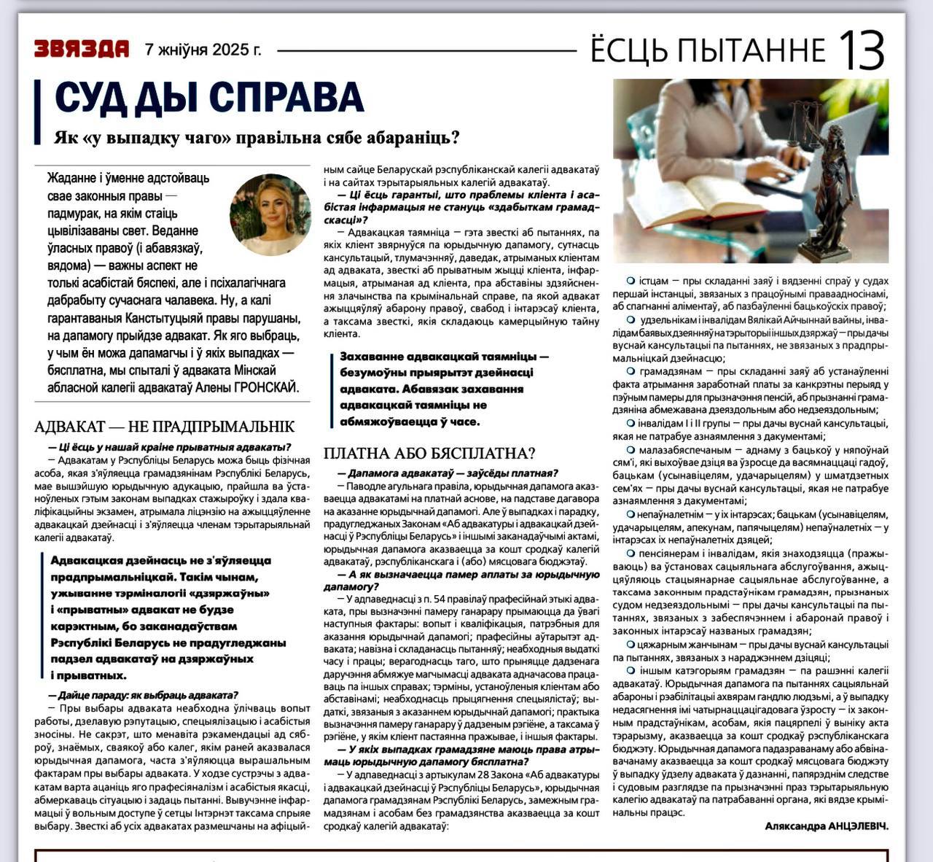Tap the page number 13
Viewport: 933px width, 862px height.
tap(862, 49)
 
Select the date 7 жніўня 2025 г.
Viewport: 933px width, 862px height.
tap(203, 50)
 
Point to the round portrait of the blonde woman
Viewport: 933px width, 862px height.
tap(270, 214)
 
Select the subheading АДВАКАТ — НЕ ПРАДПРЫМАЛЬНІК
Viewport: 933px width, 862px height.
tap(165, 427)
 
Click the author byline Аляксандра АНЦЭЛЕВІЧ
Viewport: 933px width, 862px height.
tap(827, 826)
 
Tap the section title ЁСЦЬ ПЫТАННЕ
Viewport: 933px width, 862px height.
tap(707, 50)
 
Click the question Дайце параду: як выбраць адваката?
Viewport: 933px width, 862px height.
tap(143, 695)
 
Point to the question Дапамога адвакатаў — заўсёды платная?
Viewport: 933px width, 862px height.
tap(448, 473)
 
